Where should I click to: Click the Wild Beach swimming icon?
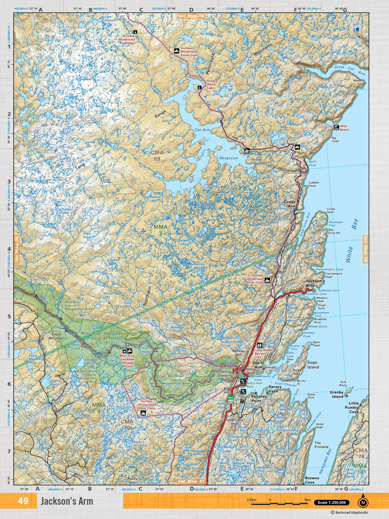[336, 127]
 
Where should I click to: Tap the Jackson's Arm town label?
[315, 283]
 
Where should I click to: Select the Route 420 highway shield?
[231, 400]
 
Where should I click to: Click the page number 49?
[23, 501]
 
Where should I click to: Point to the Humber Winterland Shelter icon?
[135, 32]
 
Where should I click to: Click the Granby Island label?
[336, 394]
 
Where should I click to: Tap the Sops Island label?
[313, 365]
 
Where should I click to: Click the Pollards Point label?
[259, 398]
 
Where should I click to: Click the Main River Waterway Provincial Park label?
[102, 335]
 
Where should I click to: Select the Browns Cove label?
[312, 480]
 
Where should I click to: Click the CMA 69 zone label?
[157, 155]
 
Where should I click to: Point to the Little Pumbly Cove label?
[354, 407]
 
